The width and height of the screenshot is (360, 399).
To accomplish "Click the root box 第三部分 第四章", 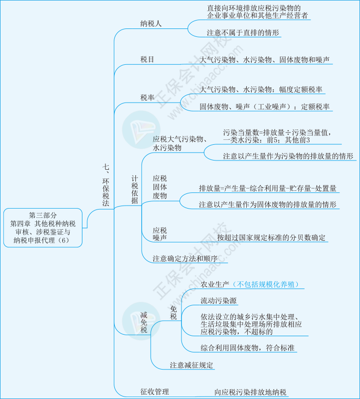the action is (x=43, y=228).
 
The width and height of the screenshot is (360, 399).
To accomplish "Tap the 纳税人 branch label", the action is (x=151, y=24).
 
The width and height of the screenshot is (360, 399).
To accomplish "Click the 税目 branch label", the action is (x=147, y=59).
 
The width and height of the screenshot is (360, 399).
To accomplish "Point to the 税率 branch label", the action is (x=147, y=98).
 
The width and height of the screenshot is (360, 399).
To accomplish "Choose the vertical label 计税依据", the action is (x=135, y=189).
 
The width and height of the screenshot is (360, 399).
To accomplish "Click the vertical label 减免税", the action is (x=144, y=322).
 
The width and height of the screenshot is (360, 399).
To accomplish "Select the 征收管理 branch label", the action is (x=154, y=392).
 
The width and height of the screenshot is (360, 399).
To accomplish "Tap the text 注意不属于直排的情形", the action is (x=243, y=32).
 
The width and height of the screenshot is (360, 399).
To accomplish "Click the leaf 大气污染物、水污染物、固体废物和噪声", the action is (x=264, y=60).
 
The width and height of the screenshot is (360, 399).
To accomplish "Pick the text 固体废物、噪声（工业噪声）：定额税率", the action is (x=264, y=106).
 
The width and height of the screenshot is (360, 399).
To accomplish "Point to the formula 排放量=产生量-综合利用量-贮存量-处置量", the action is (x=268, y=188).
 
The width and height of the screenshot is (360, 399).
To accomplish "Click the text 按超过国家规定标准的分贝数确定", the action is (x=271, y=238).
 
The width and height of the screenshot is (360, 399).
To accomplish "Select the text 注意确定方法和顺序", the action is (x=185, y=259).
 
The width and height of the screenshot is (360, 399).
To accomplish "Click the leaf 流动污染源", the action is (x=219, y=300).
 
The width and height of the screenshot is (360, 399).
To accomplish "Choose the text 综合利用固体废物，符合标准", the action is (x=247, y=347).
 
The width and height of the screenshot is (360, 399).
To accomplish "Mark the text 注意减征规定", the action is (x=191, y=365).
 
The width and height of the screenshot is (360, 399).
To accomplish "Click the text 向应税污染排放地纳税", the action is (x=251, y=392).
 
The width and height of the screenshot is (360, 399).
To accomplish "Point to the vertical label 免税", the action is (x=174, y=313).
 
